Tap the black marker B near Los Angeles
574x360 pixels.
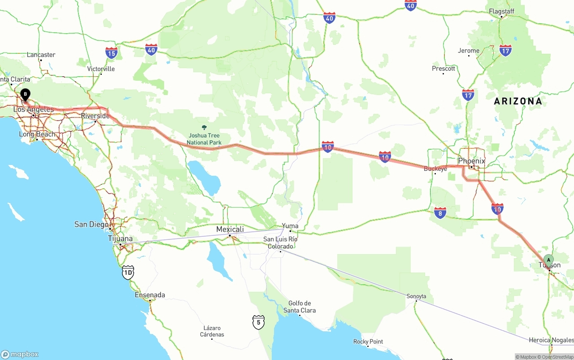coord(26,95)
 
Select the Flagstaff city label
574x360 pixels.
coord(501,11)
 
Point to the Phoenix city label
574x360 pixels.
coord(471,160)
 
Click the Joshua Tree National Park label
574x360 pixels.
coord(204,139)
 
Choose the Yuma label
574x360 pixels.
coord(290,226)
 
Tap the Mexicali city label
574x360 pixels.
coord(230,230)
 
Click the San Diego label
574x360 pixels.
coord(91,224)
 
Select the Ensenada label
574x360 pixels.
coord(150,295)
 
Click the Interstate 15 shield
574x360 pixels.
coord(112,53)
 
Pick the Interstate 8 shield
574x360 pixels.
coord(440,213)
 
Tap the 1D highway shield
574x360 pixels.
coord(128,272)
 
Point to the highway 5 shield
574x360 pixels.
coord(258,321)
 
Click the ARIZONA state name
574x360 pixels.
coord(518,101)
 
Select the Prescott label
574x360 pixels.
coord(444,69)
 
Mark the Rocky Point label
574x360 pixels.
coord(368,342)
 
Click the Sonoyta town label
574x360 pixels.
coord(416,296)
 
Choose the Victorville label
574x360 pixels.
coord(101,69)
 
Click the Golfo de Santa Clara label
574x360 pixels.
coord(300,307)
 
